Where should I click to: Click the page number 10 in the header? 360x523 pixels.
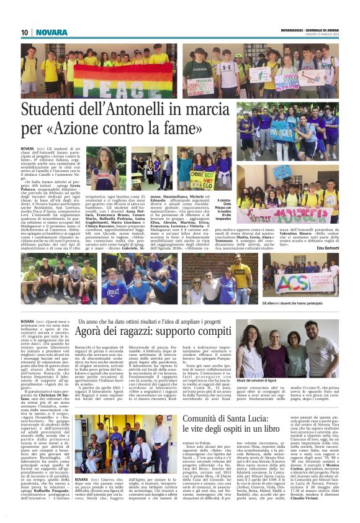click(25, 32)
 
